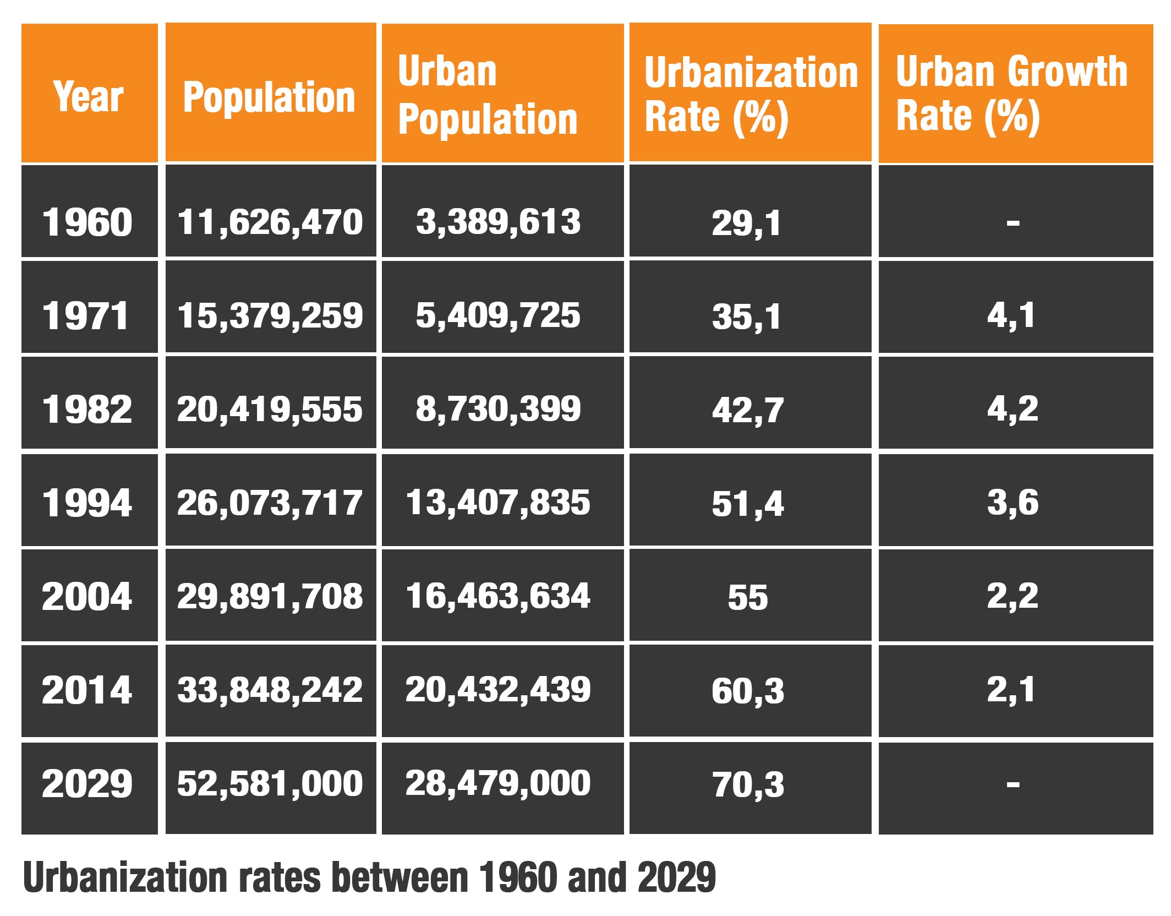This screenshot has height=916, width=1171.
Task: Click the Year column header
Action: pos(89,96)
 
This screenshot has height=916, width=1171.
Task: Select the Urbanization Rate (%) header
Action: pos(751,95)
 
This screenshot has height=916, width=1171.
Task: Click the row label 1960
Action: pos(87,222)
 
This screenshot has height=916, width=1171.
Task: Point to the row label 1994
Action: pos(87,503)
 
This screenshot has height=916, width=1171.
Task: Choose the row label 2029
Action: pos(87,783)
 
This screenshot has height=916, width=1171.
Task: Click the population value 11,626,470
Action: pos(270,222)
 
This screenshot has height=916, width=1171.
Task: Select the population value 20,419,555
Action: pos(270,410)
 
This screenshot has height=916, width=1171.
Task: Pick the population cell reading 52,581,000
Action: pos(270,783)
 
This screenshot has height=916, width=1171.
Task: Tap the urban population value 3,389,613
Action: pos(498,222)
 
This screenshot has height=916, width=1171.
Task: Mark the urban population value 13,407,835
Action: pos(498,503)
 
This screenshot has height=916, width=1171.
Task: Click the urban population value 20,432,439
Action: pos(498,690)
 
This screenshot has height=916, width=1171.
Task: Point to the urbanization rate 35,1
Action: pos(747,317)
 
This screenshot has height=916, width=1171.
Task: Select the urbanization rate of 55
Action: pos(748,597)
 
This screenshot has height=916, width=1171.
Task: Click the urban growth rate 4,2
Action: pos(1013,409)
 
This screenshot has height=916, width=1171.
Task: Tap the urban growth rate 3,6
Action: pos(1013,503)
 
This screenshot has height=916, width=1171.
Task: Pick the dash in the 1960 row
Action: pos(1013,223)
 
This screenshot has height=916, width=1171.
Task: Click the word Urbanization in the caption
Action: pos(125,877)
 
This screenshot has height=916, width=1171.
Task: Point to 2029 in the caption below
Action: pos(676,877)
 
